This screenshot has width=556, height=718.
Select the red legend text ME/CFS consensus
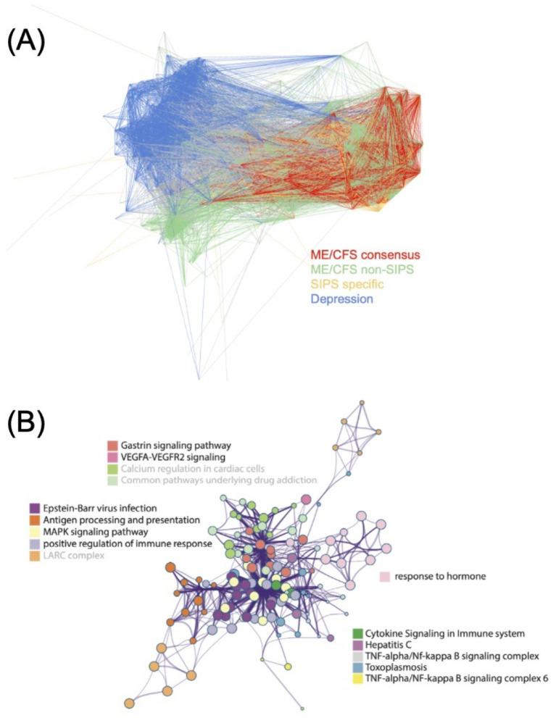(365, 254)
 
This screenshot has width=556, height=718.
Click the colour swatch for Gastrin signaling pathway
(112, 445)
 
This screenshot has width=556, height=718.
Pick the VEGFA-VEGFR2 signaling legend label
(170, 457)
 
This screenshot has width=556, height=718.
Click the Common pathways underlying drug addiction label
(219, 480)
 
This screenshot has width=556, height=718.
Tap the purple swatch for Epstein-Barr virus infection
(35, 509)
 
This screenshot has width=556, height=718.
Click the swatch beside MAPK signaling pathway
(35, 532)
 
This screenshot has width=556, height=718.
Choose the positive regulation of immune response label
(128, 543)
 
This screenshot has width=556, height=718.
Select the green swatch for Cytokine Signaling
(357, 633)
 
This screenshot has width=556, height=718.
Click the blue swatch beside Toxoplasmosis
(357, 667)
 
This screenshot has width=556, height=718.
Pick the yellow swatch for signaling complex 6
(357, 679)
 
